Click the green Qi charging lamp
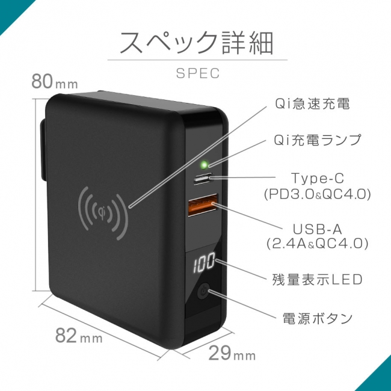pos(205,165)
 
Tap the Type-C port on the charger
pos(203,179)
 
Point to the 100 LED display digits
pos(204,262)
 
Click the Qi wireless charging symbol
pos(103,212)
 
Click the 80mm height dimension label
pos(55,81)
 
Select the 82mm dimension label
pos(79,336)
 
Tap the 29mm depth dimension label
pos(232,353)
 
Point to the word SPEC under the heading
pos(198,73)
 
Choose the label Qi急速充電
pos(312,103)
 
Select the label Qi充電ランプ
pos(318,140)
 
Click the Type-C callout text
pos(318,178)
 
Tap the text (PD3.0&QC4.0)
pos(318,194)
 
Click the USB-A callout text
pos(317,229)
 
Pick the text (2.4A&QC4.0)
pos(317,244)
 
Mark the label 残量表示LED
pos(317,280)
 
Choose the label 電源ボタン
pos(318,318)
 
